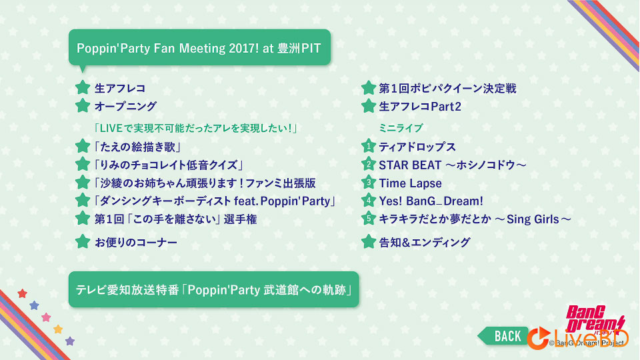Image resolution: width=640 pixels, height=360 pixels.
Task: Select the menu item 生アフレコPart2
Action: pos(420,106)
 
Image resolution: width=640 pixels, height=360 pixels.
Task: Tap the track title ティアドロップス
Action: pos(417,147)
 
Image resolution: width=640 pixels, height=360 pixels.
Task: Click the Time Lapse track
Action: pos(410,183)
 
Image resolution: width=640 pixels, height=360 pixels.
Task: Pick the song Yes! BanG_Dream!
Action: pos(431,201)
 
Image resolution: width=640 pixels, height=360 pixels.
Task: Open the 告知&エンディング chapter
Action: pos(425,242)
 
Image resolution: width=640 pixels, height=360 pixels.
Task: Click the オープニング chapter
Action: pos(126,106)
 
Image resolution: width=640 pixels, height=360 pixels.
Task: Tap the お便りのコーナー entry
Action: pos(136,243)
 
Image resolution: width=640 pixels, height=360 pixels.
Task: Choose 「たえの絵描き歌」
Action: pos(138,147)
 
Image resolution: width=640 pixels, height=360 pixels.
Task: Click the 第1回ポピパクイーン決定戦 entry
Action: pos(447,88)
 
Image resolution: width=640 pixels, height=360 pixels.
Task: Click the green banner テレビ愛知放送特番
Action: pos(213,289)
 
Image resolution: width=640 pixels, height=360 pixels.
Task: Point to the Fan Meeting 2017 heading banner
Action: pos(199,48)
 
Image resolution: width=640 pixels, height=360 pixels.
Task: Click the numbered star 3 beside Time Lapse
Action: pos(368,182)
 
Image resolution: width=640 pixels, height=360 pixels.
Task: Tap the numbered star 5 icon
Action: pos(368,218)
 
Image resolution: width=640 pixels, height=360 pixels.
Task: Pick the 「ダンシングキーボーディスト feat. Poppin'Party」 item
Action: pos(214,201)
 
